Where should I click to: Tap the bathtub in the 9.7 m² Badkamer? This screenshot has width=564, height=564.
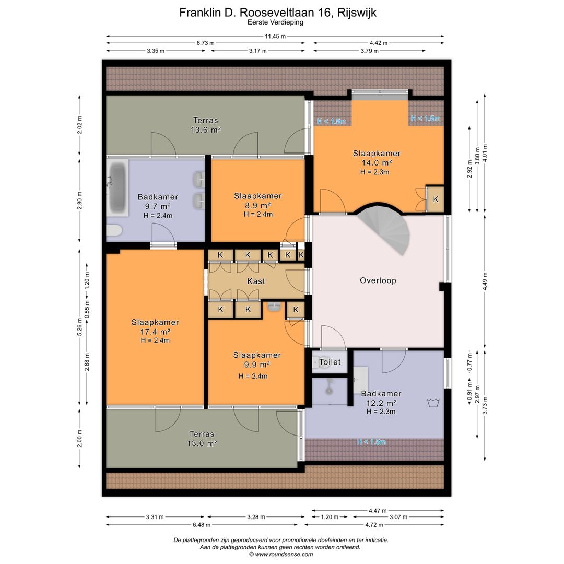pos(118,188)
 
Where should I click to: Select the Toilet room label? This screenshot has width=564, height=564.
pos(330,362)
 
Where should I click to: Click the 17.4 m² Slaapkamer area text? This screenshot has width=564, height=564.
pos(155,332)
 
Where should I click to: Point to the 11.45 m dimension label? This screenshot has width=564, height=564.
pos(275,36)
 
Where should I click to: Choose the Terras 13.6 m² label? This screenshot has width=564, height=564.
pos(205,125)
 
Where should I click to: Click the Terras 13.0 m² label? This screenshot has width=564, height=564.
pos(202,439)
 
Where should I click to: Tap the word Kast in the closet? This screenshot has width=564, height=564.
pos(256,281)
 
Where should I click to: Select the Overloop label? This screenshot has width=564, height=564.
pos(378,280)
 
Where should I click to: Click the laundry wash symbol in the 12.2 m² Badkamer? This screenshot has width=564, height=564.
pos(433,403)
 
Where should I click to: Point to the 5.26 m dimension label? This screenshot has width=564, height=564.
pos(80,327)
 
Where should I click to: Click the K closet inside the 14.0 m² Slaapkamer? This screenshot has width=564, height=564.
pos(435,199)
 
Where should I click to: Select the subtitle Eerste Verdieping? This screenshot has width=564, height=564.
pos(276,22)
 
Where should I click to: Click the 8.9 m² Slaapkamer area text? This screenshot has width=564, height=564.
pos(257,205)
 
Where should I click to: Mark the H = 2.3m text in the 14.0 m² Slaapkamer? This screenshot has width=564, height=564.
pos(375,172)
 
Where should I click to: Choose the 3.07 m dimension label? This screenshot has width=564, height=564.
pos(398,517)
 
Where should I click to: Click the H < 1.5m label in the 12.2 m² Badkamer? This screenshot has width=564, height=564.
pos(371,442)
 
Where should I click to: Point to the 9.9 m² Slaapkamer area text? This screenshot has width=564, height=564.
pos(257,365)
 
